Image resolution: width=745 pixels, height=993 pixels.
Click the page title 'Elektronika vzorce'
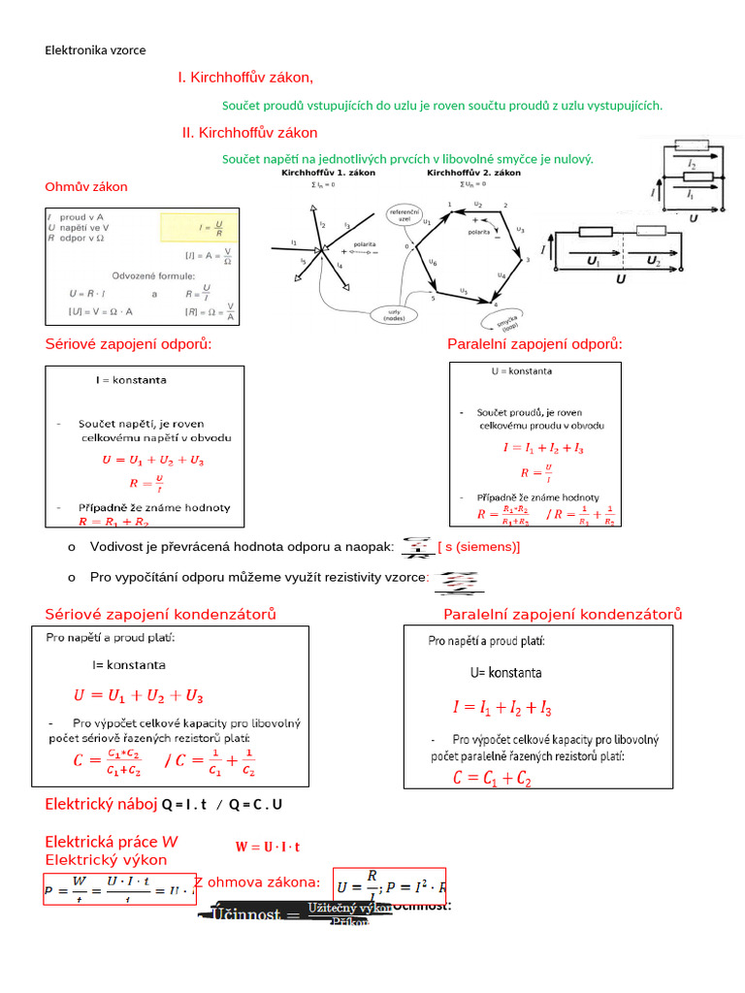pyautogui.click(x=95, y=50)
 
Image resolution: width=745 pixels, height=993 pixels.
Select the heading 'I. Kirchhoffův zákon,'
pyautogui.click(x=245, y=78)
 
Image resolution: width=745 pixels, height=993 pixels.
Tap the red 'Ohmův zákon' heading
pyautogui.click(x=86, y=186)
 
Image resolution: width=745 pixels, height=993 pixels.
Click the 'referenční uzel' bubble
pyautogui.click(x=404, y=215)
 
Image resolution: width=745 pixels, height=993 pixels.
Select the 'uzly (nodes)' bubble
pyautogui.click(x=394, y=314)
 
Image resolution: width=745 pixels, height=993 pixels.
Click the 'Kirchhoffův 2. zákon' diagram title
pyautogui.click(x=473, y=173)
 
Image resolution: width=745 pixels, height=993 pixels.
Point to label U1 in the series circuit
pyautogui.click(x=594, y=262)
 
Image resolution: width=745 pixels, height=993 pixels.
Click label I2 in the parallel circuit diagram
pyautogui.click(x=691, y=166)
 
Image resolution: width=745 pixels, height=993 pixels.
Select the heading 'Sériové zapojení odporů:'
pyautogui.click(x=128, y=344)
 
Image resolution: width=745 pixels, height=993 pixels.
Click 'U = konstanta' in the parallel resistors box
pyautogui.click(x=523, y=371)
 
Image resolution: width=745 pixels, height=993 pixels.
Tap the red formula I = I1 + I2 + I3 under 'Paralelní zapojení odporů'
pyautogui.click(x=543, y=448)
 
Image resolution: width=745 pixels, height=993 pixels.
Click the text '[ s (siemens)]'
pyautogui.click(x=479, y=547)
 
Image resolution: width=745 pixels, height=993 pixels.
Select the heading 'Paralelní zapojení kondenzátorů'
pyautogui.click(x=563, y=614)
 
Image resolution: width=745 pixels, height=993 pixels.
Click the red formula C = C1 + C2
pyautogui.click(x=491, y=778)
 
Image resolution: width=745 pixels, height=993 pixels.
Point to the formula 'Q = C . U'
pyautogui.click(x=256, y=805)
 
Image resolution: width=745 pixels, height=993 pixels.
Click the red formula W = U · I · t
pyautogui.click(x=267, y=847)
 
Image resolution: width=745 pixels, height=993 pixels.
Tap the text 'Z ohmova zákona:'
pyautogui.click(x=256, y=881)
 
